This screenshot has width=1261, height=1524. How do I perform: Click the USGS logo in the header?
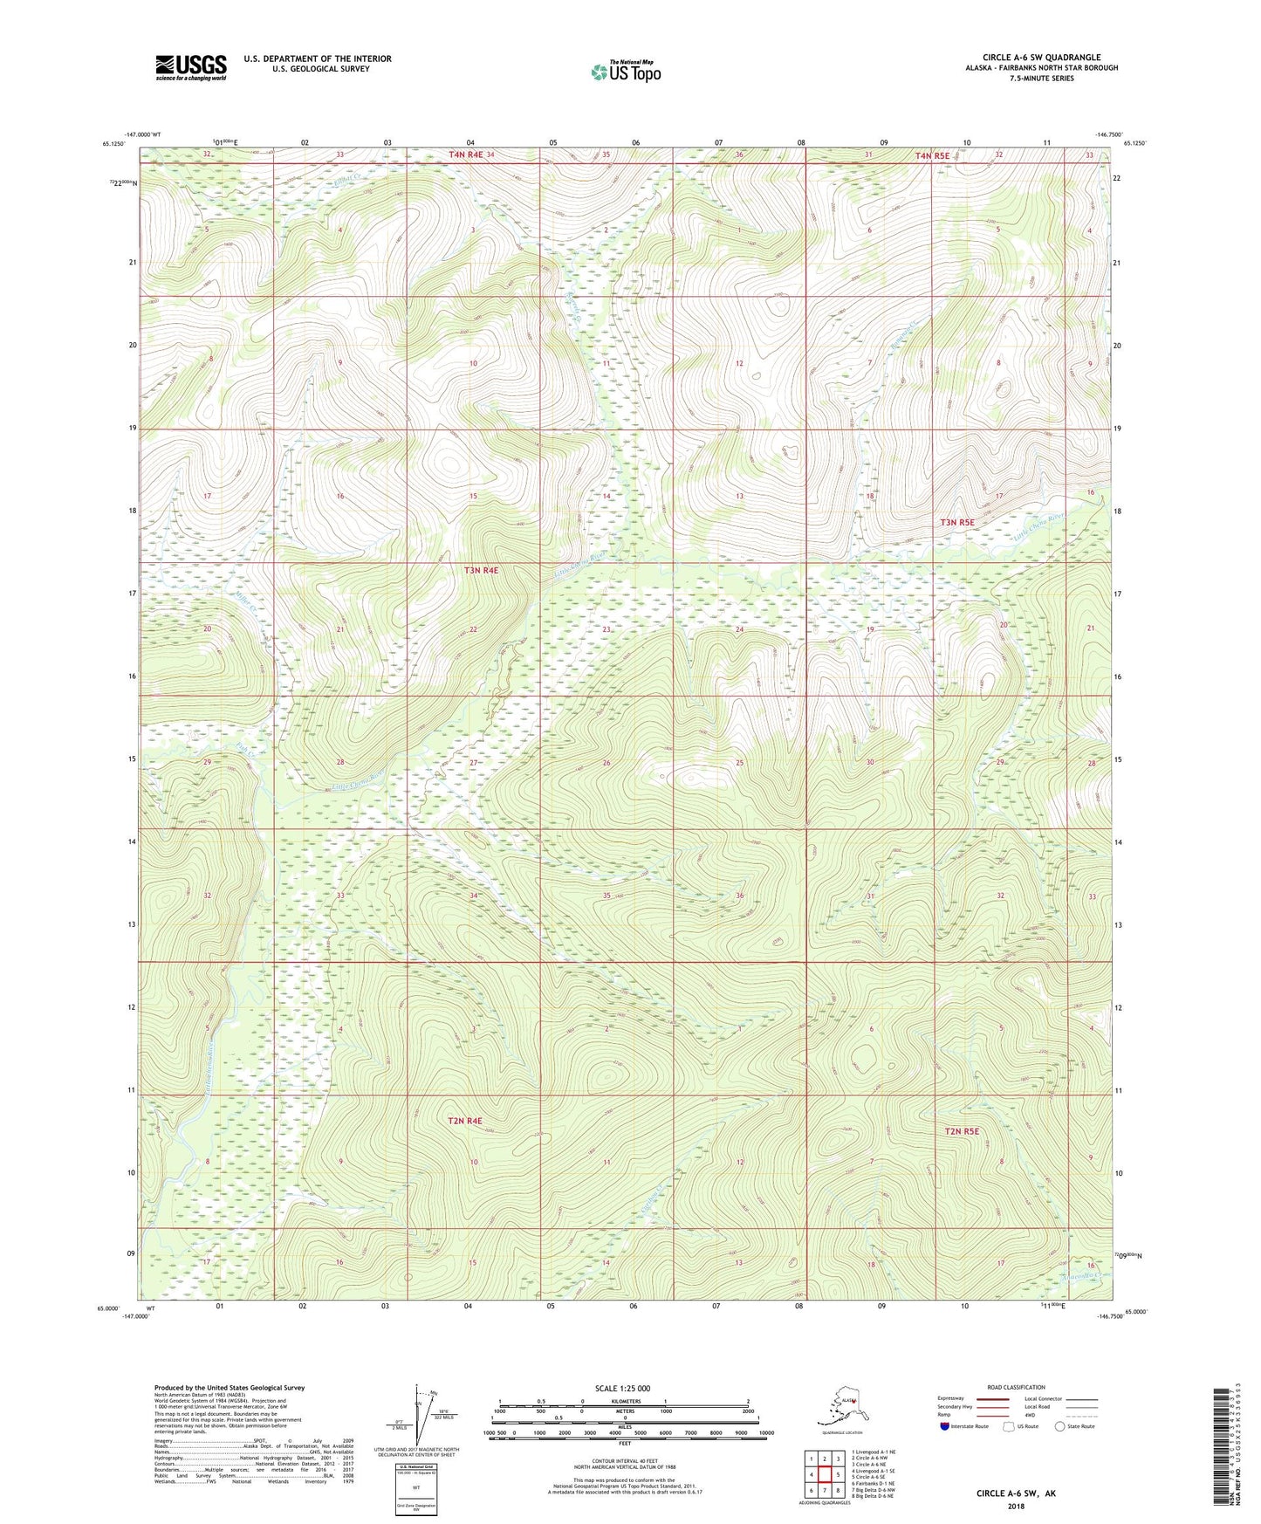point(190,67)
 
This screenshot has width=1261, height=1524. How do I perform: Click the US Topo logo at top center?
point(625,71)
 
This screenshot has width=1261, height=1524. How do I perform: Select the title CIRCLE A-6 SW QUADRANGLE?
point(1041,58)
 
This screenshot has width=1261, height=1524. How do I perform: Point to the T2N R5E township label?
point(962,1131)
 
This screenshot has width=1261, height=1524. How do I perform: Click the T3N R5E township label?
point(957,522)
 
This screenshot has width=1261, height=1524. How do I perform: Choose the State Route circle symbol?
point(1059,1426)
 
